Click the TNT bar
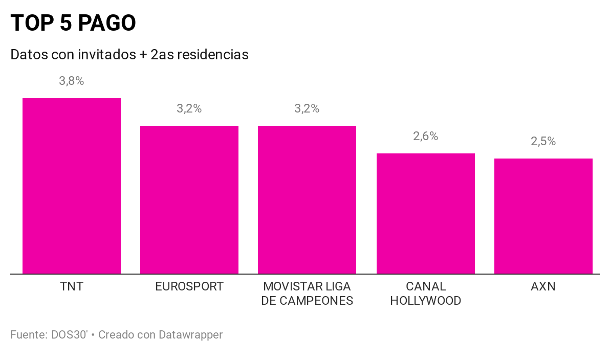pos(72,186)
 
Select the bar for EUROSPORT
pos(189,199)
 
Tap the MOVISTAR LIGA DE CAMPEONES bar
pos(307,199)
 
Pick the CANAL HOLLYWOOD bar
pos(426,213)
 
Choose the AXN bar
pos(543,216)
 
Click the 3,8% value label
pos(72,81)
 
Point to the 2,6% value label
pos(426,136)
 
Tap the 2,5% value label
pos(543,142)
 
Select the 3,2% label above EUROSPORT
pos(189,108)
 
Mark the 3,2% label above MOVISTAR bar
pos(307,108)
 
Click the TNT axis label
pos(72,286)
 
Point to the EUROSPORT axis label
pos(189,286)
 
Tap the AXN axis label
pos(543,286)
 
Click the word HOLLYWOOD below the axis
pos(426,301)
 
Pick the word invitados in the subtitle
pos(106,54)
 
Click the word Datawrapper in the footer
pos(190,335)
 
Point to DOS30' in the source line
pos(70,335)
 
